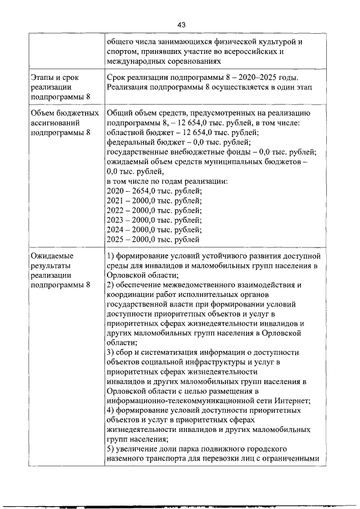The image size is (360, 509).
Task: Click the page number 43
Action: point(181,25)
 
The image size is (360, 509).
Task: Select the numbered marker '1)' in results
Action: point(110,256)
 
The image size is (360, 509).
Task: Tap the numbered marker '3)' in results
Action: point(110,352)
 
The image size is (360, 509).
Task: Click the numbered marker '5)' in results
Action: point(110,449)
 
